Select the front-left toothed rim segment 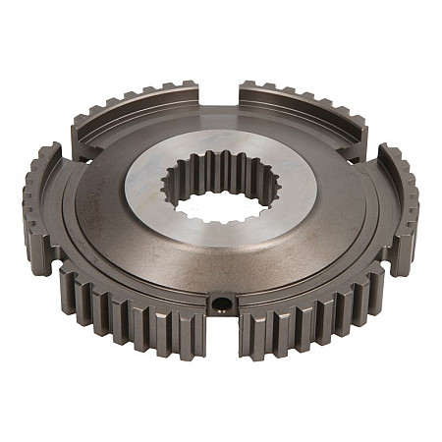(118, 295)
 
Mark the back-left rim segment (138, 108)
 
